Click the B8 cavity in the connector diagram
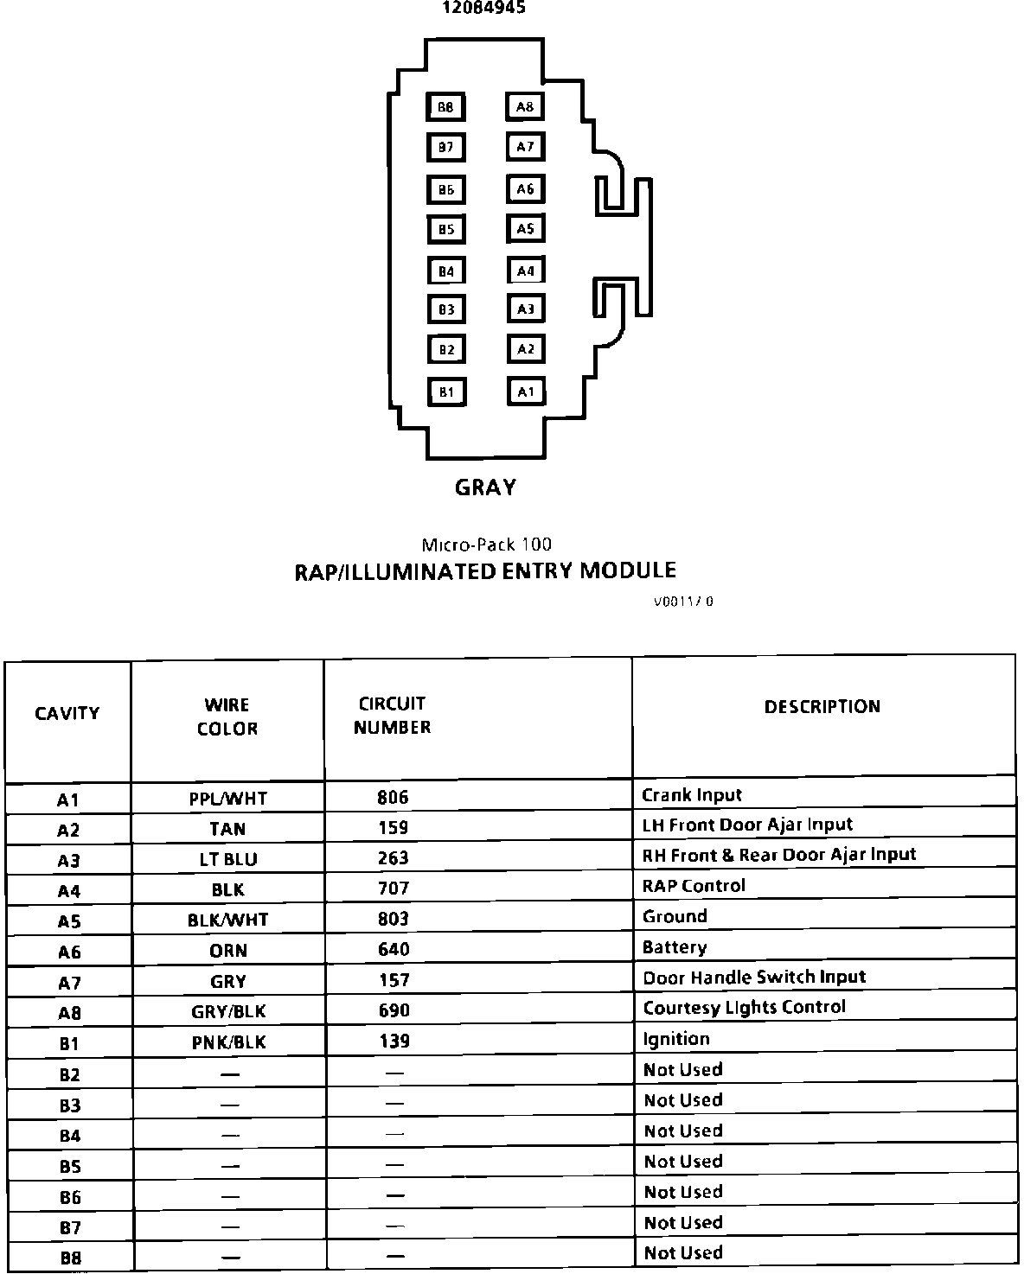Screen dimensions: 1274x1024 [445, 107]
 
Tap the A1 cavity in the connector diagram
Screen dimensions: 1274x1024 [526, 392]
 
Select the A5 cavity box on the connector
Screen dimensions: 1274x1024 [526, 229]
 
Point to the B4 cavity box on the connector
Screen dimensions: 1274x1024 [446, 271]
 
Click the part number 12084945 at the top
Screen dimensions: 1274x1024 [484, 8]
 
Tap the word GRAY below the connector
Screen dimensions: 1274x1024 [485, 487]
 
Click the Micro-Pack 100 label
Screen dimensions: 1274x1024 [486, 545]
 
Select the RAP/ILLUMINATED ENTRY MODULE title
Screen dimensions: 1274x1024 [485, 571]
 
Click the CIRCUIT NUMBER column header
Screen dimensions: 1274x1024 [392, 716]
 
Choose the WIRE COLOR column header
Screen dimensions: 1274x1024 [227, 717]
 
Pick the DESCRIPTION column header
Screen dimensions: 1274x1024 [822, 707]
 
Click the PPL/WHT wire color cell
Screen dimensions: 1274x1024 [227, 799]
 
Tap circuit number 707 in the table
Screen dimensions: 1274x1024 [394, 889]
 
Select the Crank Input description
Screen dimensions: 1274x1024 [692, 795]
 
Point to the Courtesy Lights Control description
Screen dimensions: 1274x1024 [744, 1008]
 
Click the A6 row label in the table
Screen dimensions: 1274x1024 [68, 952]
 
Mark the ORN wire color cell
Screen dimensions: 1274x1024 [228, 951]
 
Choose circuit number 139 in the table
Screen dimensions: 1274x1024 [394, 1041]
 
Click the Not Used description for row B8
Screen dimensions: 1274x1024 [682, 1253]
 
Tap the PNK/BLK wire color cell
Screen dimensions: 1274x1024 [228, 1042]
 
